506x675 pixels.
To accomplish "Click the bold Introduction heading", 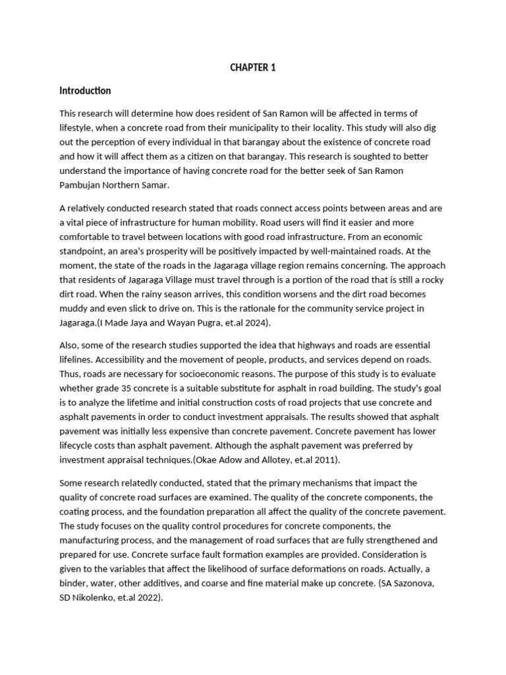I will pyautogui.click(x=85, y=90).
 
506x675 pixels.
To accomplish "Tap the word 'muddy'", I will pyautogui.click(x=74, y=308).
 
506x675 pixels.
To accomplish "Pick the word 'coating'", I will pyautogui.click(x=78, y=512).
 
